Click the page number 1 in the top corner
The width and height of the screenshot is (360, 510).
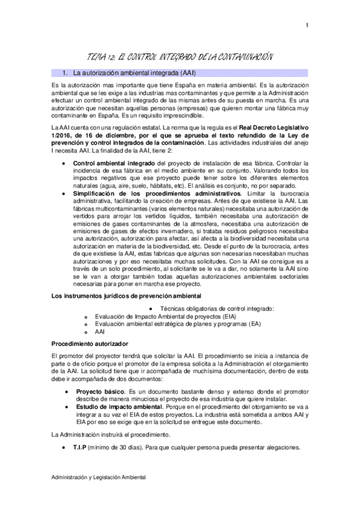[307, 25]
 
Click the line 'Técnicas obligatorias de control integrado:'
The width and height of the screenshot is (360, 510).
[218, 308]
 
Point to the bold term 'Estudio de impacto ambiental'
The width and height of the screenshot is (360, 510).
[117, 407]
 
